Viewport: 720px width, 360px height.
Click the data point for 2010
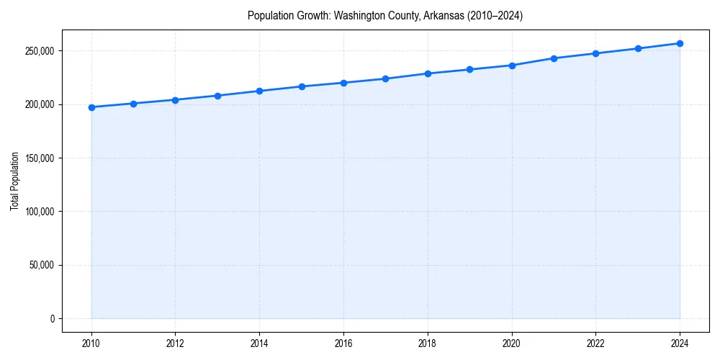[91, 107]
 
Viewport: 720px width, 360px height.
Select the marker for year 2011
[133, 104]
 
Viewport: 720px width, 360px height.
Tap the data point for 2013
[217, 96]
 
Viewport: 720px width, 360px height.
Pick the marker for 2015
[302, 86]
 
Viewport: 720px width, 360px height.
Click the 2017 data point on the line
[386, 78]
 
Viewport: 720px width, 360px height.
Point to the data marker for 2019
[469, 69]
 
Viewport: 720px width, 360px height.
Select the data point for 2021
[554, 58]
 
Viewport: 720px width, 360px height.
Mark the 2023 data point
[638, 48]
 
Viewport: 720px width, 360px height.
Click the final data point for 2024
[680, 43]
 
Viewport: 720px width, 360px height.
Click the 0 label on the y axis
[53, 318]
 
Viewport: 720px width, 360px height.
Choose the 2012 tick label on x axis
[176, 343]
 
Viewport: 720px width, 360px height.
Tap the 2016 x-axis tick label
[343, 343]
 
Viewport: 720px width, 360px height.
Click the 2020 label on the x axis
[512, 343]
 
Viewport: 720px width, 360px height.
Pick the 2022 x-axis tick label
[595, 343]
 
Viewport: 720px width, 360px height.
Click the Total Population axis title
[14, 181]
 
